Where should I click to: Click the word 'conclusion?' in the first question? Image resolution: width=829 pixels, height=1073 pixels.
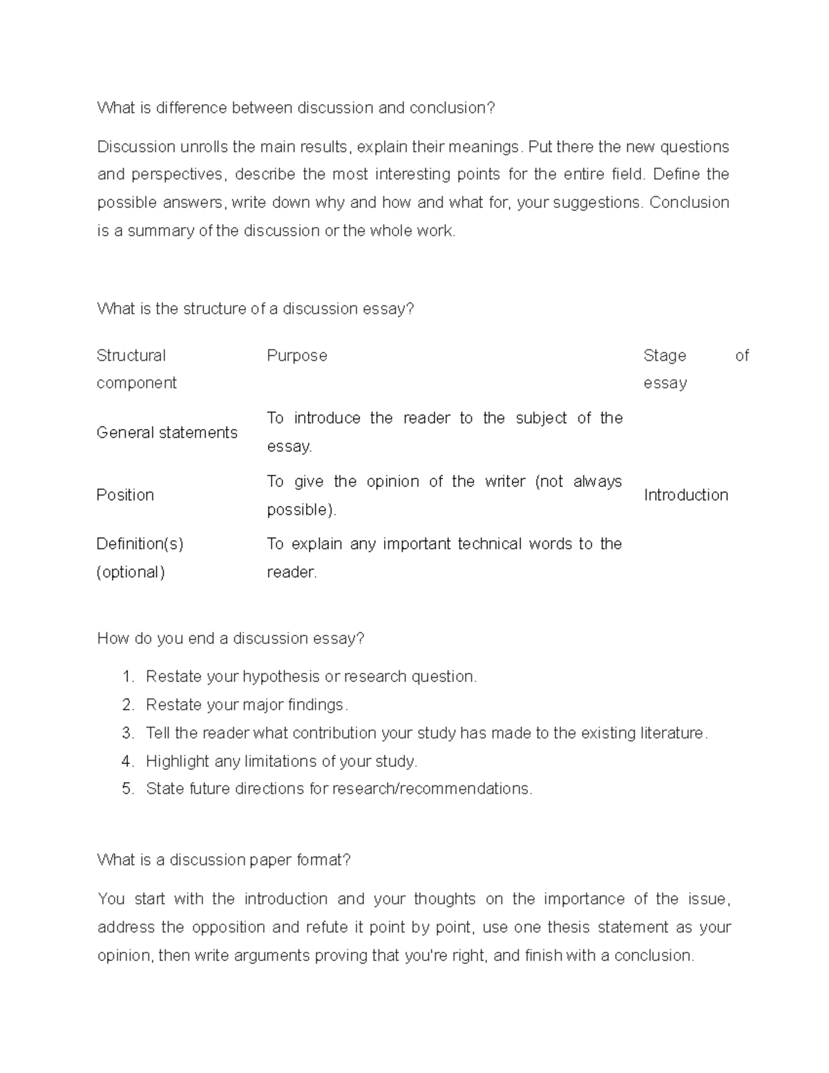pyautogui.click(x=452, y=108)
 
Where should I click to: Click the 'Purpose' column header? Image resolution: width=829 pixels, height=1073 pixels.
pyautogui.click(x=297, y=356)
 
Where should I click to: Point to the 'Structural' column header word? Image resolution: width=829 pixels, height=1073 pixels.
pyautogui.click(x=131, y=356)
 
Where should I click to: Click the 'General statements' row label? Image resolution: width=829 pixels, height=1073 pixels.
pyautogui.click(x=167, y=433)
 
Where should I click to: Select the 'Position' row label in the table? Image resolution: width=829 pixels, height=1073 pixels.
pyautogui.click(x=125, y=495)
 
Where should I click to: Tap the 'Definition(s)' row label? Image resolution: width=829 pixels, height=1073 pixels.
pyautogui.click(x=140, y=544)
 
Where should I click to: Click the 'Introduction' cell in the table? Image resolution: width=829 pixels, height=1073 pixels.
pyautogui.click(x=686, y=495)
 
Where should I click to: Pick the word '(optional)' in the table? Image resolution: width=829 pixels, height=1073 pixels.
pyautogui.click(x=131, y=572)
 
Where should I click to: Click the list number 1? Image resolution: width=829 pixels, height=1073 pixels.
pyautogui.click(x=126, y=676)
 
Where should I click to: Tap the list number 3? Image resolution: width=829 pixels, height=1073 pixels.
pyautogui.click(x=126, y=733)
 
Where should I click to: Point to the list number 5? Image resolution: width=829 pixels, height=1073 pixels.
pyautogui.click(x=126, y=789)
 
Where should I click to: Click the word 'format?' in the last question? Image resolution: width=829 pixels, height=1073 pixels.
pyautogui.click(x=323, y=860)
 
